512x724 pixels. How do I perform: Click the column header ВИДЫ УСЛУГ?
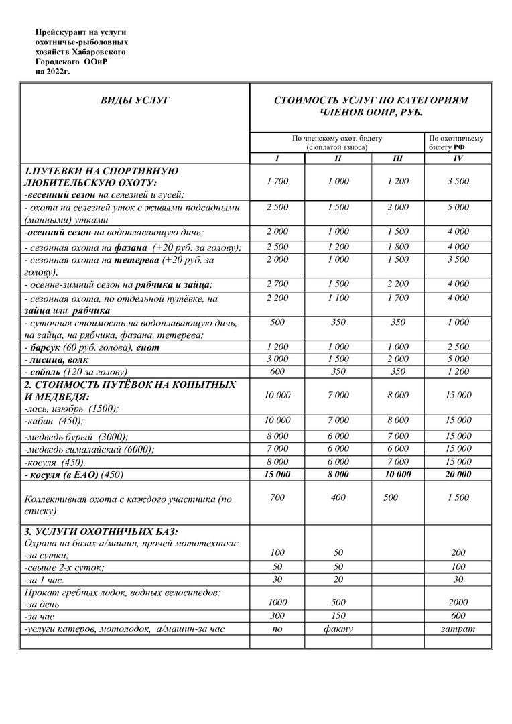click(x=135, y=100)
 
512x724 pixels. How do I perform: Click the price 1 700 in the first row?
click(x=277, y=181)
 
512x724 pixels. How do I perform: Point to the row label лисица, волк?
click(x=58, y=360)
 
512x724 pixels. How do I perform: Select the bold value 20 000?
click(x=458, y=475)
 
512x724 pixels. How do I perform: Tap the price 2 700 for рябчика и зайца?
click(x=277, y=284)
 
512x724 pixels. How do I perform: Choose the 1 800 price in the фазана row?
click(x=397, y=247)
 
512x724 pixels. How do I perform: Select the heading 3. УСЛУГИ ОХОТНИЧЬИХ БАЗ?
click(x=101, y=532)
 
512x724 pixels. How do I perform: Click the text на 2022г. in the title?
click(x=52, y=70)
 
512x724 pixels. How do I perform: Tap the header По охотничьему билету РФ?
click(x=458, y=142)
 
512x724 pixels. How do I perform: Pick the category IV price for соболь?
click(x=458, y=371)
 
